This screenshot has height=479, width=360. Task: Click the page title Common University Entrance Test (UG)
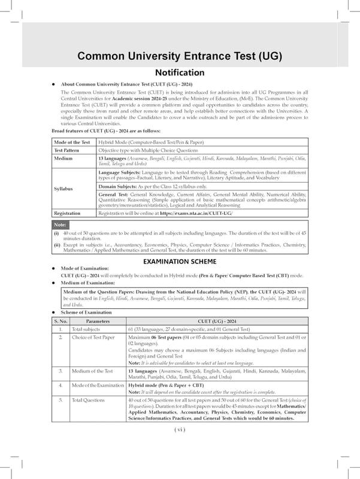pos(180,57)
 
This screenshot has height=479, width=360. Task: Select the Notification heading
pos(180,73)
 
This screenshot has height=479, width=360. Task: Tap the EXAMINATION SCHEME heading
pos(180,262)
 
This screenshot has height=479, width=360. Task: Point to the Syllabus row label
pos(63,189)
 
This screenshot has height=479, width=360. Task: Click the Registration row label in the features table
pos(67,213)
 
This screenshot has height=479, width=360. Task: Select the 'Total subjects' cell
pos(86,330)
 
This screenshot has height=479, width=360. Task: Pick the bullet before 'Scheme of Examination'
pos(54,313)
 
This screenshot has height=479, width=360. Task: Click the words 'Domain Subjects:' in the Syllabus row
pos(119,187)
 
